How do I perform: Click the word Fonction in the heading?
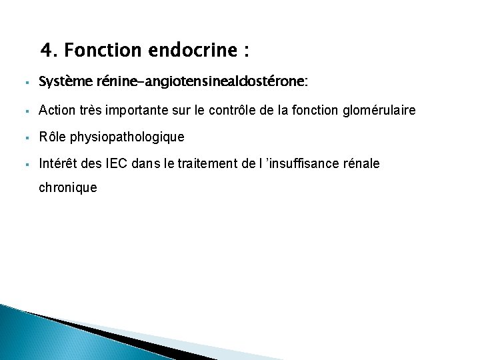pyautogui.click(x=98, y=51)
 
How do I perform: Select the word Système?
pyautogui.click(x=59, y=82)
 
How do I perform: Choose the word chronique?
pyautogui.click(x=68, y=188)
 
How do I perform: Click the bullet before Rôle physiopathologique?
pyautogui.click(x=23, y=138)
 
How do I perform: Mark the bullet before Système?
pyautogui.click(x=23, y=83)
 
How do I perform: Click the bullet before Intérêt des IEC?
pyautogui.click(x=23, y=163)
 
